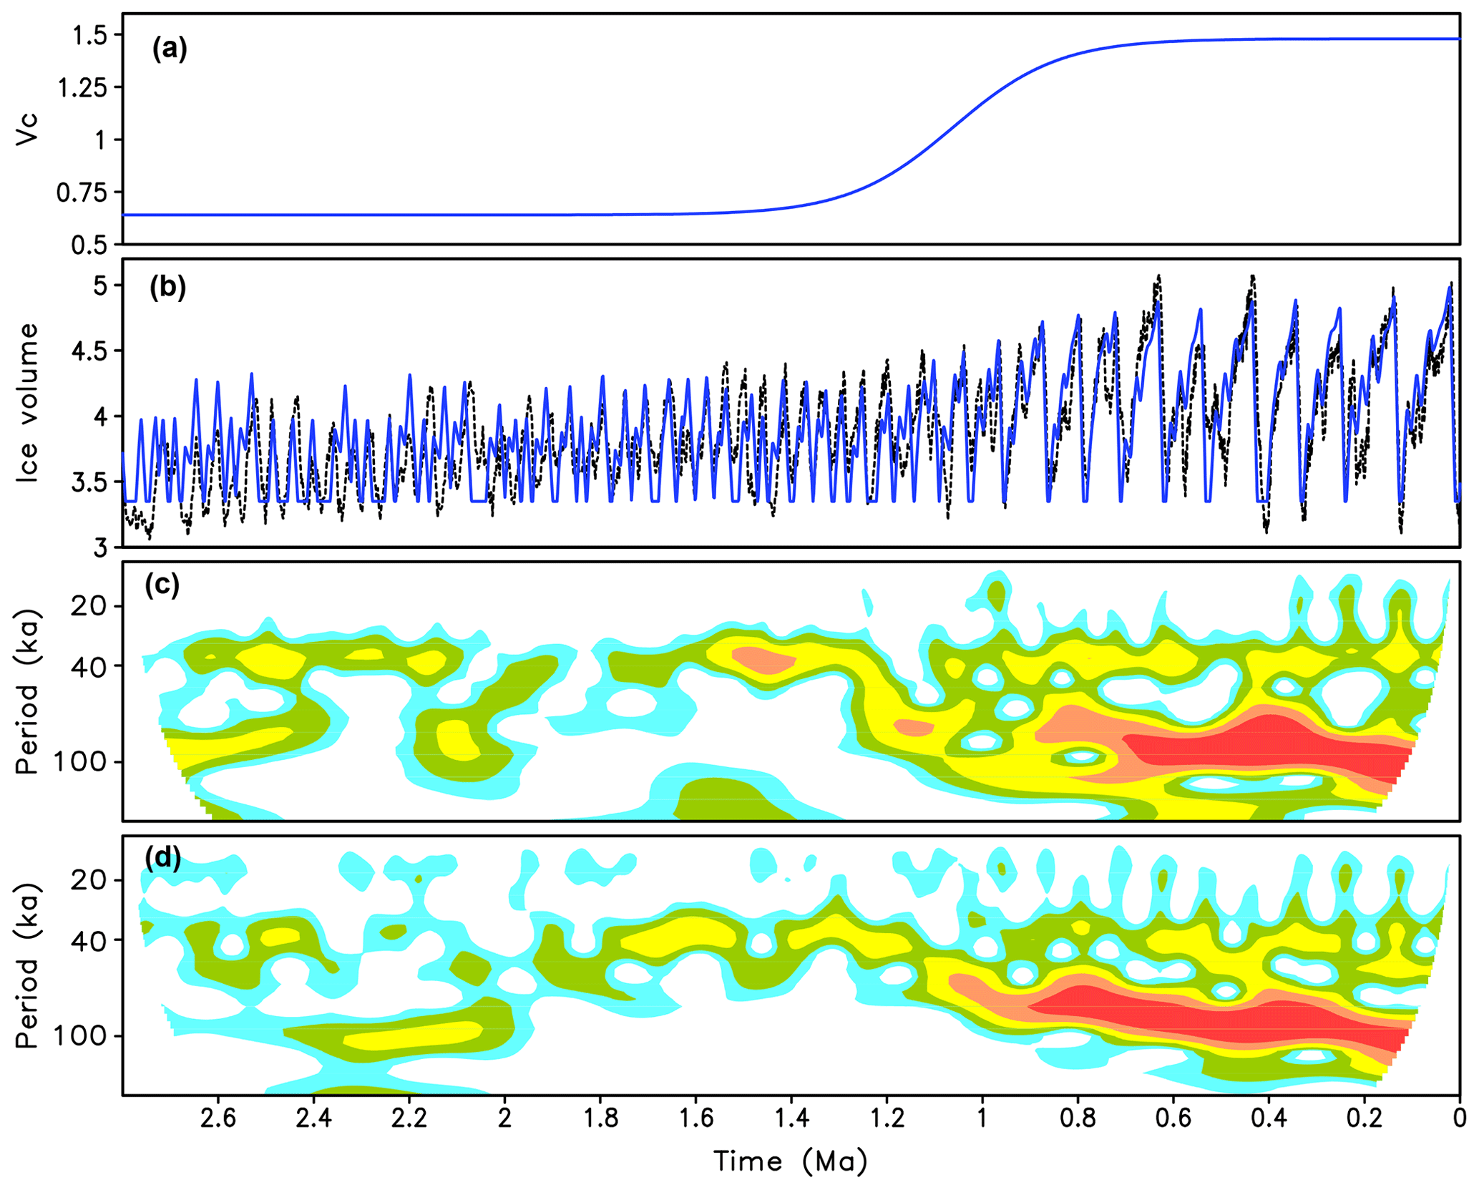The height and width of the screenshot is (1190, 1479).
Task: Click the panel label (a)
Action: (x=170, y=49)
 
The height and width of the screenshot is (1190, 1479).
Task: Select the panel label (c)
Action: (x=162, y=585)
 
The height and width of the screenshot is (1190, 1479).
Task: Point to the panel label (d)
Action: (x=162, y=857)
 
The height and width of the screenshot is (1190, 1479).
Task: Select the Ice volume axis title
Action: (x=26, y=402)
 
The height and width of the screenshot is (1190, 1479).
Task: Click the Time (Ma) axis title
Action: (x=790, y=1161)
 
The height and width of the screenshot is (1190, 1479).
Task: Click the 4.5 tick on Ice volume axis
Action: (x=89, y=351)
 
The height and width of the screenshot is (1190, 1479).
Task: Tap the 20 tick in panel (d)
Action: (x=88, y=880)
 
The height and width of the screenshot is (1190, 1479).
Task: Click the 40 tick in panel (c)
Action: (x=88, y=667)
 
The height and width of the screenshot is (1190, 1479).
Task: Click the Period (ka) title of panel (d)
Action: (x=26, y=966)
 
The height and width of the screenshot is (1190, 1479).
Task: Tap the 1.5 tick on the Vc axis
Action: (x=89, y=35)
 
